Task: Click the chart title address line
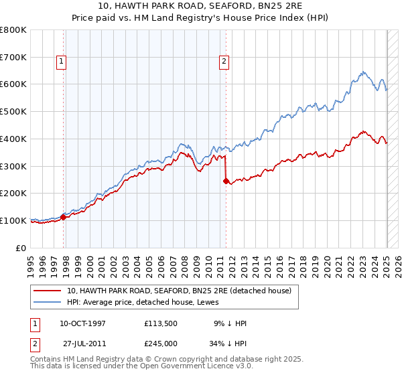pos(201,6)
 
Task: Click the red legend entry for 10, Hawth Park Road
pos(178,291)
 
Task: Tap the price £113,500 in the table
pos(159,323)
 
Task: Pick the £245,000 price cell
pos(159,343)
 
